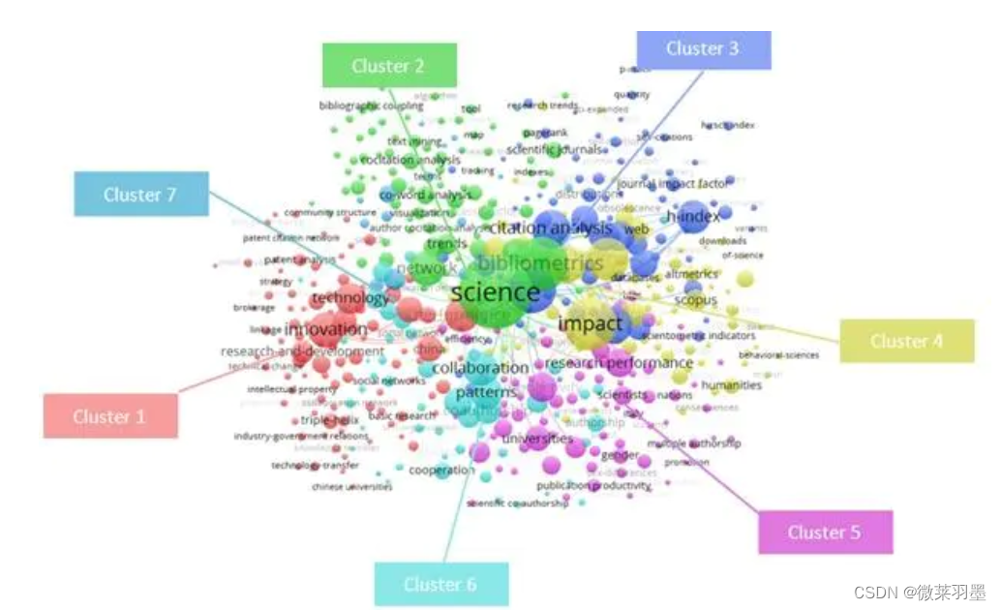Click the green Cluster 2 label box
pyautogui.click(x=389, y=66)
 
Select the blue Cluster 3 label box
pyautogui.click(x=704, y=49)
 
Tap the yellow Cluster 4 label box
pyautogui.click(x=906, y=341)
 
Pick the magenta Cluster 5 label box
pyautogui.click(x=824, y=532)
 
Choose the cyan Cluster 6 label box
pyautogui.click(x=440, y=584)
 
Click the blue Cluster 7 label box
pyautogui.click(x=140, y=195)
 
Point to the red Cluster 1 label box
pyautogui.click(x=109, y=417)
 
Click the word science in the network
pyautogui.click(x=496, y=291)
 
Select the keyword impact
pyautogui.click(x=590, y=323)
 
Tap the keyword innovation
pyautogui.click(x=326, y=329)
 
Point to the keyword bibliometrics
pyautogui.click(x=541, y=263)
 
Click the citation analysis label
pyautogui.click(x=551, y=229)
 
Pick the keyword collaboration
pyautogui.click(x=480, y=368)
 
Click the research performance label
pyautogui.click(x=619, y=363)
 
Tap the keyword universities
pyautogui.click(x=537, y=439)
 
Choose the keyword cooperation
pyautogui.click(x=441, y=471)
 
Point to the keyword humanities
pyautogui.click(x=731, y=385)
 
